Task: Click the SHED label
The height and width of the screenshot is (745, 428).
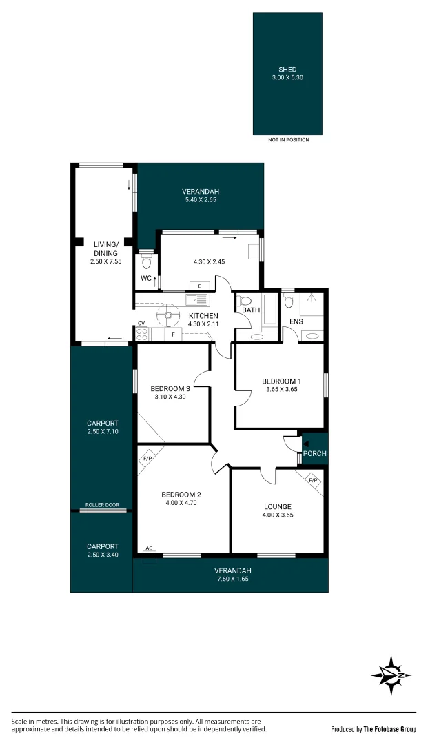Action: point(287,70)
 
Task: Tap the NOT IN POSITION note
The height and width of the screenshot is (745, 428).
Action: point(289,139)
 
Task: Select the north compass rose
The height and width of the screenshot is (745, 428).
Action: point(391,675)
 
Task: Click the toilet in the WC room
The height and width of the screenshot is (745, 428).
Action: point(147,261)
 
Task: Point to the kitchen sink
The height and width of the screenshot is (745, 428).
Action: point(196,300)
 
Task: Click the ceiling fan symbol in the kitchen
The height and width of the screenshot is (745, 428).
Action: point(169,315)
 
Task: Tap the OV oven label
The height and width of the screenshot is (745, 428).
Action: point(141,324)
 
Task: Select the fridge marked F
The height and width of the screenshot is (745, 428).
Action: point(174,335)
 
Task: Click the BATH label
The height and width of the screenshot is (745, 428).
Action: point(251,310)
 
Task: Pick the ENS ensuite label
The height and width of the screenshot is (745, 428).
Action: point(296,321)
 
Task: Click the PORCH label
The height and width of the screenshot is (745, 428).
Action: point(314,453)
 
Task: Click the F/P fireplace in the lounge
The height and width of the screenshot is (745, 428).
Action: point(313,480)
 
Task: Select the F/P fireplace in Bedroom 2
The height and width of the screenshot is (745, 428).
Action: point(147,459)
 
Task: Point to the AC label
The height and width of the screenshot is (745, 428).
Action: point(149,548)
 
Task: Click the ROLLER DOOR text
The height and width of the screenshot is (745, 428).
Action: point(103,505)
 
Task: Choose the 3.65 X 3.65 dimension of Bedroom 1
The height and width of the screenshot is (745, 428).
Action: point(282,389)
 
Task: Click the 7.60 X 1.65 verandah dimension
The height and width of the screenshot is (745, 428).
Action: point(232,579)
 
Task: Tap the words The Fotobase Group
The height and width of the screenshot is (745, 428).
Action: point(389,729)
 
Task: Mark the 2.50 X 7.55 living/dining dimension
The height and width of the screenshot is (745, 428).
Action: point(106,261)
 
